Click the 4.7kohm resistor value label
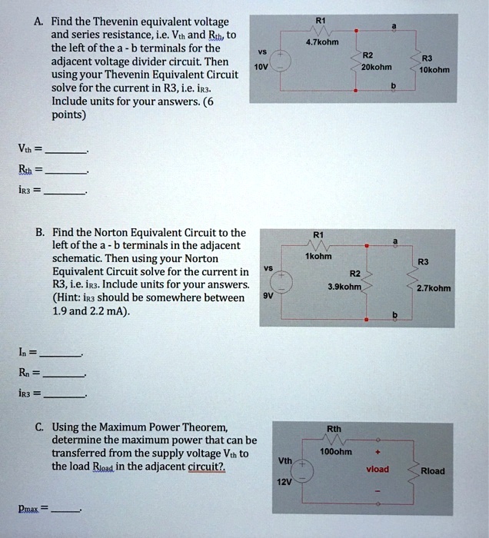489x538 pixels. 321,42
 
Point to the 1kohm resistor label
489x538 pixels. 318,256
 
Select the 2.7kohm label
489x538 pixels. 434,289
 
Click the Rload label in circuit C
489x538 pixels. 431,470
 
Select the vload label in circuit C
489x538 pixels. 377,469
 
